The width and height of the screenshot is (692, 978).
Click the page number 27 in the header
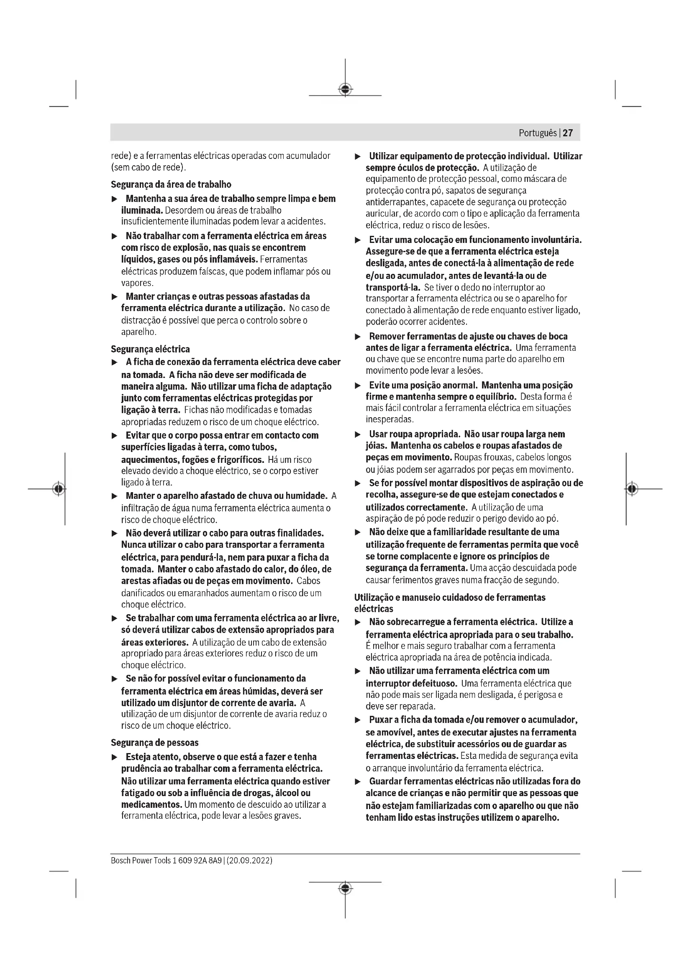coord(568,133)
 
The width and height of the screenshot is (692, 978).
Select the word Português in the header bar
coord(537,133)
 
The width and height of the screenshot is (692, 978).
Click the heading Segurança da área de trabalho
coord(171,184)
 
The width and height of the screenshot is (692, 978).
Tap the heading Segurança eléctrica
coord(151,349)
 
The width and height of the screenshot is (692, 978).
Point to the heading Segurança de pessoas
coord(155,743)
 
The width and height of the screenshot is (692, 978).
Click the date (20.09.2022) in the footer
coord(249,860)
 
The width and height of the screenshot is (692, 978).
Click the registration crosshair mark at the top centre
coord(345,89)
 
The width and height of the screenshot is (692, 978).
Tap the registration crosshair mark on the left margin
coord(59,488)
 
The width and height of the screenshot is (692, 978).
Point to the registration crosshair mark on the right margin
coord(632,488)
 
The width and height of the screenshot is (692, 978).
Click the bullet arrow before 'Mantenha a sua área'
coord(114,199)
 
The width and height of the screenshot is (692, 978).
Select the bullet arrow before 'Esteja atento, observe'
coord(114,757)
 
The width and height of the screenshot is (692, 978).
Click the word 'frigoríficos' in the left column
coord(241,460)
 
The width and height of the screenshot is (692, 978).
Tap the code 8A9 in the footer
coord(215,860)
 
